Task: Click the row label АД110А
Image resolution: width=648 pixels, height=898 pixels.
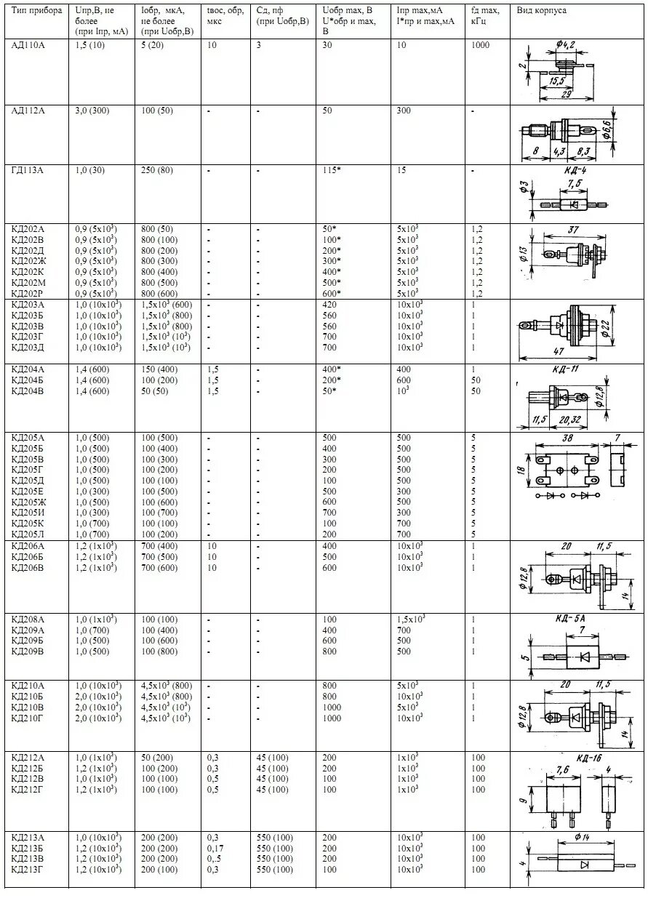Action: pyautogui.click(x=28, y=45)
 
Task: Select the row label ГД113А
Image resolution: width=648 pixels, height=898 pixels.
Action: pyautogui.click(x=28, y=170)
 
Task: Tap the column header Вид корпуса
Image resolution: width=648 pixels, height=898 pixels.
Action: pyautogui.click(x=542, y=11)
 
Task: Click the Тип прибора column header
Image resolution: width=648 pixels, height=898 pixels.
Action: pyautogui.click(x=33, y=11)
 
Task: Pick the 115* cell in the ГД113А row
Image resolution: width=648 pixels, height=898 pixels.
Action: pyautogui.click(x=332, y=170)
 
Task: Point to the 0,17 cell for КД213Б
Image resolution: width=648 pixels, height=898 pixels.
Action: pyautogui.click(x=215, y=849)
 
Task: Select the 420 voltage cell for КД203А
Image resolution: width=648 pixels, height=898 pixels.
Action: pyautogui.click(x=329, y=305)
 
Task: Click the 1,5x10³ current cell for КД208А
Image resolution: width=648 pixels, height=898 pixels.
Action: pyautogui.click(x=411, y=620)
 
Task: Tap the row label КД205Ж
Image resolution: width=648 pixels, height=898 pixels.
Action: pyautogui.click(x=28, y=502)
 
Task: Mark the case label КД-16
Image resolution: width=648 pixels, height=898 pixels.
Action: pyautogui.click(x=588, y=758)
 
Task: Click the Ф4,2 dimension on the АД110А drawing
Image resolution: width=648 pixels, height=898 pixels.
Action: pyautogui.click(x=565, y=46)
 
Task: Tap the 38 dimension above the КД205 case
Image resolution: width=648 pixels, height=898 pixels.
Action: pyautogui.click(x=567, y=438)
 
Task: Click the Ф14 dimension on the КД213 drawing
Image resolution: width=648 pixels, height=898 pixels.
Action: pyautogui.click(x=582, y=838)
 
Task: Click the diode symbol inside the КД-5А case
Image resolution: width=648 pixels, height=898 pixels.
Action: pyautogui.click(x=583, y=657)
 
